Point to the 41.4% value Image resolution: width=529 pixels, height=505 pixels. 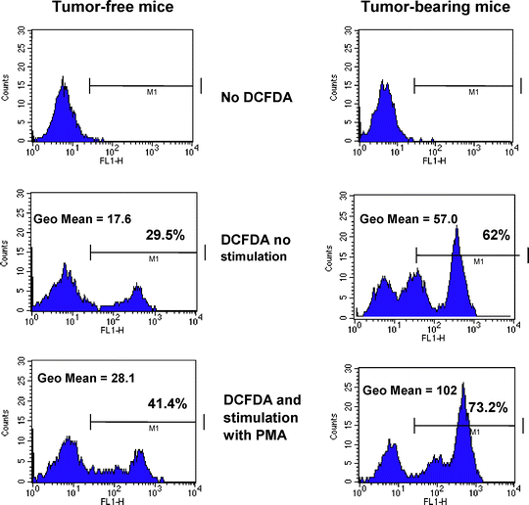(166, 401)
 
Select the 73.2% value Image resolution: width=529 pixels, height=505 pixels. (487, 407)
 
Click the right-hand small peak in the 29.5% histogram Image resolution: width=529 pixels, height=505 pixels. (136, 289)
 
